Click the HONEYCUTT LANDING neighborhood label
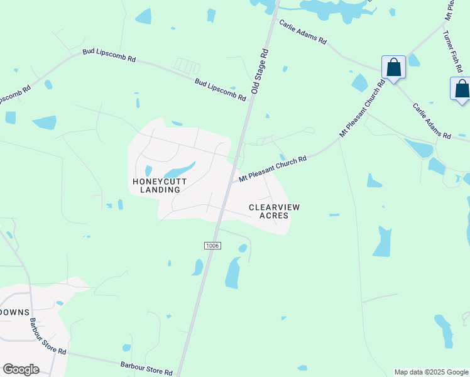156,185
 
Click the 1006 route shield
212,246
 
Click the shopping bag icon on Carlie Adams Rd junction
393,67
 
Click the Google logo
21,369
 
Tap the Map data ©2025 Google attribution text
431,372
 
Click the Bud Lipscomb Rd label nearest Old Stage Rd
220,90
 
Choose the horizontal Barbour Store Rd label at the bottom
146,368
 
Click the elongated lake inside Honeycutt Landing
179,170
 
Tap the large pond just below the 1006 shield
233,273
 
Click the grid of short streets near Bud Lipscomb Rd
186,65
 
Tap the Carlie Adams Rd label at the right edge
432,121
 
